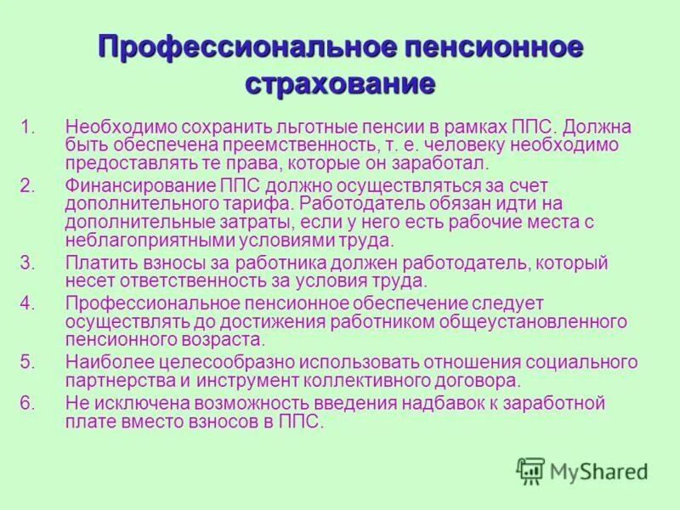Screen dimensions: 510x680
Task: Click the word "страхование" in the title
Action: pyautogui.click(x=340, y=83)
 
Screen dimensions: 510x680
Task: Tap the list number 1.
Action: pyautogui.click(x=27, y=127)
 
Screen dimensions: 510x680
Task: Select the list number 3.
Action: pyautogui.click(x=27, y=263)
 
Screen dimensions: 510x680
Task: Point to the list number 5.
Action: pyautogui.click(x=27, y=362)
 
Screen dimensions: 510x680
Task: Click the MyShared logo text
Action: pyautogui.click(x=598, y=471)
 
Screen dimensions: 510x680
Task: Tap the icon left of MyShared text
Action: pyautogui.click(x=530, y=471)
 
